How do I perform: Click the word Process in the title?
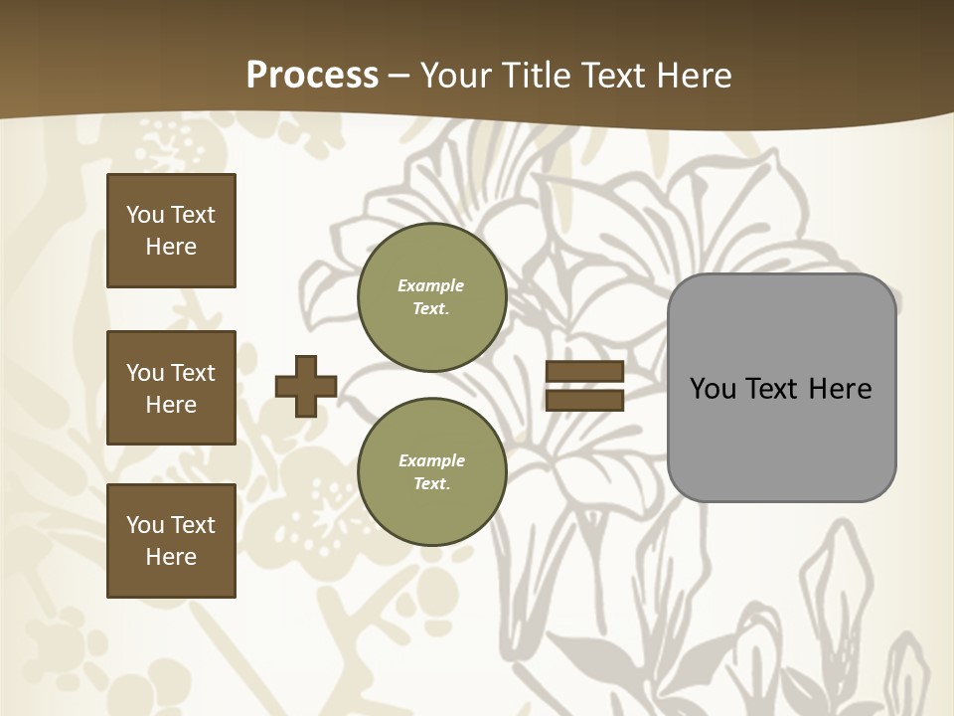tap(312, 76)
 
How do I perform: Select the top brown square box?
tap(171, 231)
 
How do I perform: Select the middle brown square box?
tap(171, 388)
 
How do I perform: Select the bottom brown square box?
tap(171, 540)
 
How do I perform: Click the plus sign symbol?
tap(306, 386)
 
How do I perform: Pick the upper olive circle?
tap(431, 297)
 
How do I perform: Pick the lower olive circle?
tap(431, 471)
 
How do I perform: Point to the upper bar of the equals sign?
tap(584, 371)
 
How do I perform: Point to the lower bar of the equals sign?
tap(584, 401)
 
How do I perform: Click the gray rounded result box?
tap(781, 438)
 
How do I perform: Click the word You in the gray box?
tap(713, 389)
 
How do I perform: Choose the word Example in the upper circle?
tap(431, 285)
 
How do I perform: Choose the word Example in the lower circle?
tap(431, 460)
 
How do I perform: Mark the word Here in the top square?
tap(171, 247)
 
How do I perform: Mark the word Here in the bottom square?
tap(171, 557)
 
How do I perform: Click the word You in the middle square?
tap(144, 373)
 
